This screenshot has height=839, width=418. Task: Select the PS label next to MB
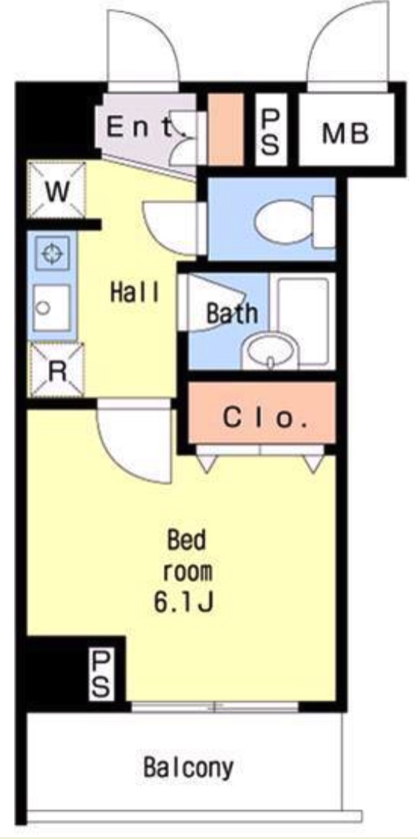point(271,130)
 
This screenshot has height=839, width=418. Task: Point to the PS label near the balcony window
point(102,674)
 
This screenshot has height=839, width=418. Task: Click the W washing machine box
point(56,190)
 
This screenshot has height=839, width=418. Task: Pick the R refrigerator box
point(57,371)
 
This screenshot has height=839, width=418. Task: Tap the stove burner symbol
point(52,253)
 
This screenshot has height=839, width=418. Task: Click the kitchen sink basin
point(51,308)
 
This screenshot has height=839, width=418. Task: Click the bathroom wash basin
point(270,351)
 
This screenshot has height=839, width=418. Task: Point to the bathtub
point(303,319)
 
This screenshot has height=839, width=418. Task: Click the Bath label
point(232,313)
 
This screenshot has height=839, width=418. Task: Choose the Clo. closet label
point(265,418)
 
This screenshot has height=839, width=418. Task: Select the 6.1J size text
point(184,603)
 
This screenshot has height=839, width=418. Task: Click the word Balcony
point(188,768)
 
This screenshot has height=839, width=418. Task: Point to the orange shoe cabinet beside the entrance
point(225,129)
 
